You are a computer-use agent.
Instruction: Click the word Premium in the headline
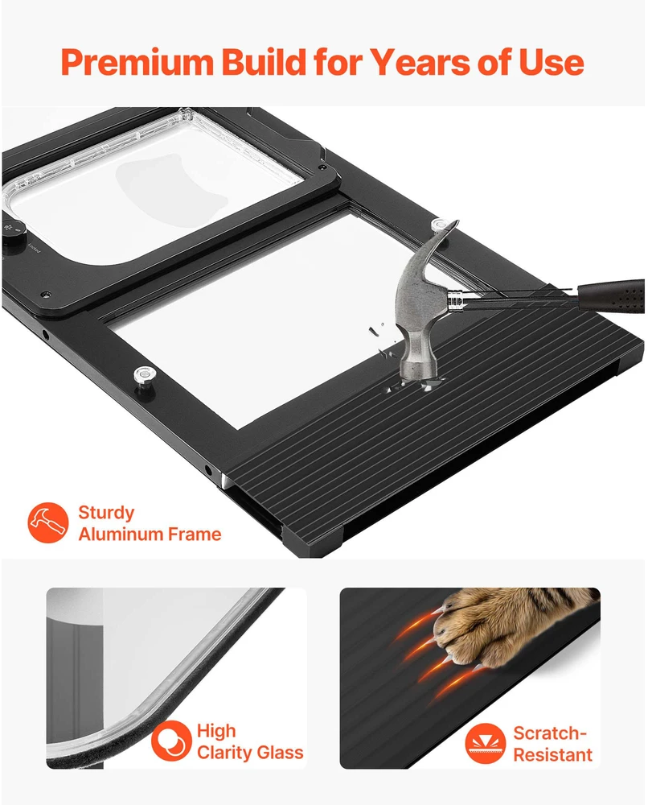point(137,63)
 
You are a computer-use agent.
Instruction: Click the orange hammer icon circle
point(47,522)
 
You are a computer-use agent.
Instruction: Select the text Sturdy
point(106,513)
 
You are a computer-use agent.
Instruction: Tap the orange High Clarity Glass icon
point(171,741)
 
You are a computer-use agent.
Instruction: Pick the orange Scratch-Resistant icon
point(485,743)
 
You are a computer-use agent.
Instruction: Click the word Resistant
point(552,755)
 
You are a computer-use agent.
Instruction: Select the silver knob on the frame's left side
point(145,374)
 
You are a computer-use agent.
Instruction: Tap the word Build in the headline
point(264,62)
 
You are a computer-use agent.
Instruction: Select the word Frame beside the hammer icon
point(195,535)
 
